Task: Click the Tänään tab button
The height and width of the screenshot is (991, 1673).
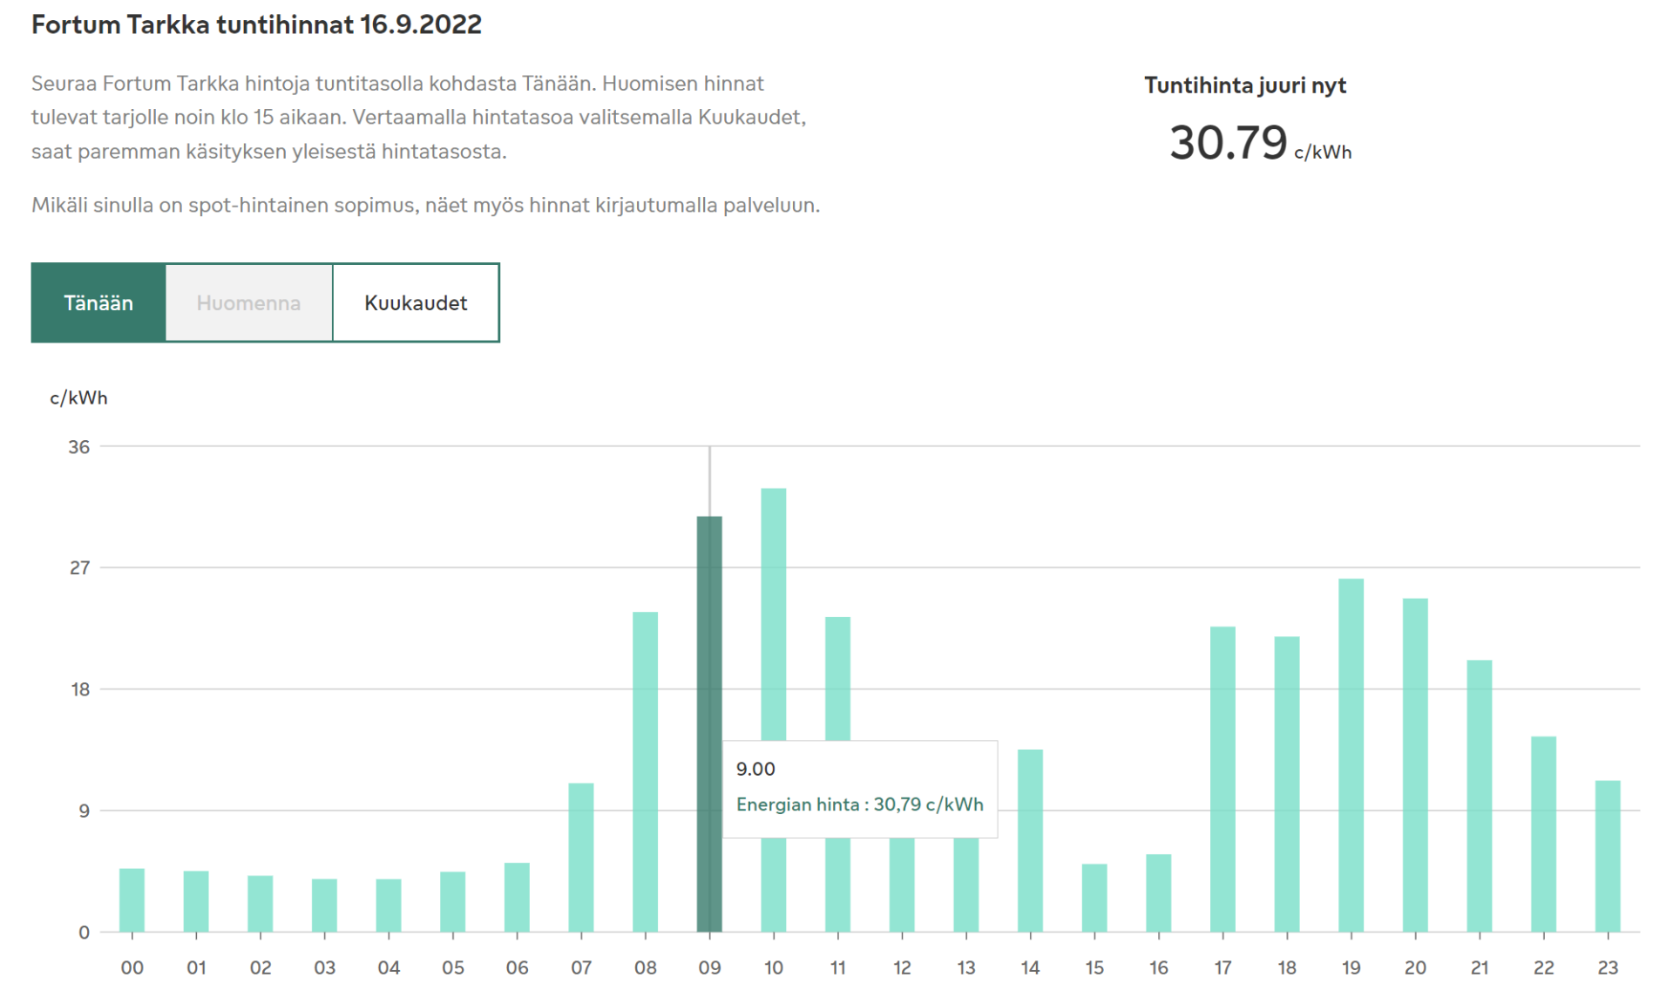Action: (x=98, y=302)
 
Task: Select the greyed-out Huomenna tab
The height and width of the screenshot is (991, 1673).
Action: (x=248, y=302)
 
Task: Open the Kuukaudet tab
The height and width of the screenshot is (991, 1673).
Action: (x=416, y=302)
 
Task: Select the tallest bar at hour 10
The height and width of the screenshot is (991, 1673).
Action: (x=774, y=610)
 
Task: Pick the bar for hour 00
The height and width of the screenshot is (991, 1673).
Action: (x=132, y=899)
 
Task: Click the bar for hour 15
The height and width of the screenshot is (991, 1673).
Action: (x=1094, y=898)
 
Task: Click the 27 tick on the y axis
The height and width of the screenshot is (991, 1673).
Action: (x=79, y=568)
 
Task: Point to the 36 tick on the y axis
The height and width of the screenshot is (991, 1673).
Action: (x=79, y=447)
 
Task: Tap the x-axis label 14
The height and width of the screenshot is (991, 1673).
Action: (x=1030, y=967)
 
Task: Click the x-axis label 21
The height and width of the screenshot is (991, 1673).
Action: (x=1480, y=967)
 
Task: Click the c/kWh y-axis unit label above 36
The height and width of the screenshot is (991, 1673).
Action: (x=78, y=398)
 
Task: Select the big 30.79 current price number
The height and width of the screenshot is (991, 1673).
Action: (x=1228, y=143)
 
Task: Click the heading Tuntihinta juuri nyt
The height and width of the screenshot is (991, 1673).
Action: (x=1244, y=85)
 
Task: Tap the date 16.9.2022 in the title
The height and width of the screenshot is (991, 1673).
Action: (x=420, y=24)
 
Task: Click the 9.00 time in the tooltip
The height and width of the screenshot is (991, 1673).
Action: (x=755, y=769)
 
